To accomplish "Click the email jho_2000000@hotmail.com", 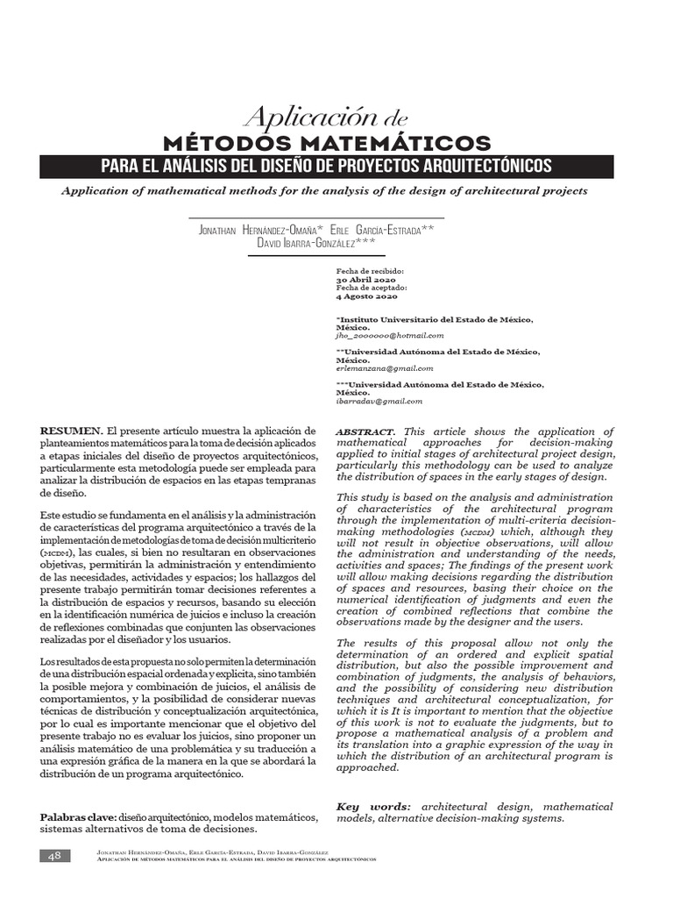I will [389, 335].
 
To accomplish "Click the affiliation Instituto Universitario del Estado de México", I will [435, 320].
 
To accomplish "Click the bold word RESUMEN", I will [71, 431].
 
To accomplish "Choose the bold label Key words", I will [373, 806].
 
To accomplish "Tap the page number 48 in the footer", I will [53, 856].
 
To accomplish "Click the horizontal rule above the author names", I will [316, 217].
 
